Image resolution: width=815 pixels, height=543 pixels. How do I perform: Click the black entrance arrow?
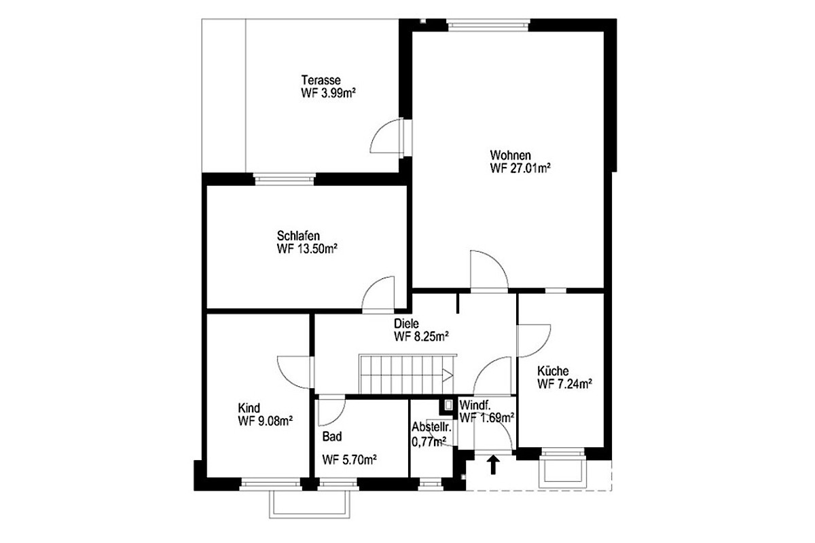pos(493,465)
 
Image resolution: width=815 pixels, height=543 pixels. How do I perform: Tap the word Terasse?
pos(321,80)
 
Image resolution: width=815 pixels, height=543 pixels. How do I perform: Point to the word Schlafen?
pos(298,236)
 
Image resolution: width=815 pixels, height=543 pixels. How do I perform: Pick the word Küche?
pos(553,371)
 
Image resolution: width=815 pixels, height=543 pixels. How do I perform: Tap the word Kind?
pos(249,408)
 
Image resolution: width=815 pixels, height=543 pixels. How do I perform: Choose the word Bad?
pos(332,436)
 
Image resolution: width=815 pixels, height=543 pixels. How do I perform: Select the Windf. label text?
pos(475,405)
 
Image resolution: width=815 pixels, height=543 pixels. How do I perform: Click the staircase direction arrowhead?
pos(448,375)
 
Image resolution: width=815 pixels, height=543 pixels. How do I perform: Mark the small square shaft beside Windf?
pos(449,405)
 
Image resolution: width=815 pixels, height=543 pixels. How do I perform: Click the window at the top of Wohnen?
pos(488,25)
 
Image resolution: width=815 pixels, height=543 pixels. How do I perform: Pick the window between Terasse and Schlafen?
pos(284,180)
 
